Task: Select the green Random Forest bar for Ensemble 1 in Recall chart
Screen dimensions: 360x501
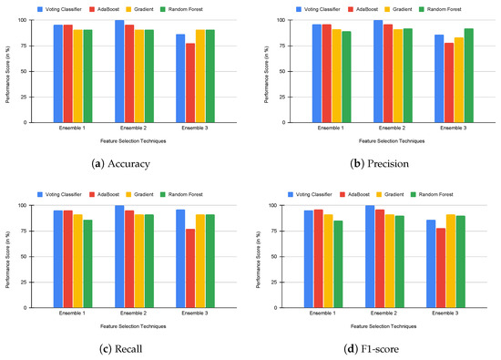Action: click(x=87, y=264)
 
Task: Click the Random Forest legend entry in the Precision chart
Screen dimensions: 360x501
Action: click(x=460, y=8)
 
